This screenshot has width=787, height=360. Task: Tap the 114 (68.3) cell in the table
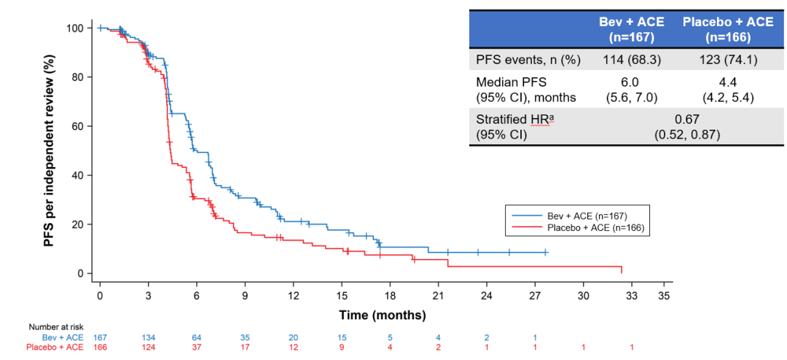(x=631, y=60)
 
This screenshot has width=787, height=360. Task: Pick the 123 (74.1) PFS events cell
(x=728, y=60)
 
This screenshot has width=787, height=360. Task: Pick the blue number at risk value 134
(x=148, y=337)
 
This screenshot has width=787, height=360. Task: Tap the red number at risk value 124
(x=148, y=347)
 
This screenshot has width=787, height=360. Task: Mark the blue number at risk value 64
(x=196, y=337)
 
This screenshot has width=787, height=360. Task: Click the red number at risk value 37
(x=196, y=347)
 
